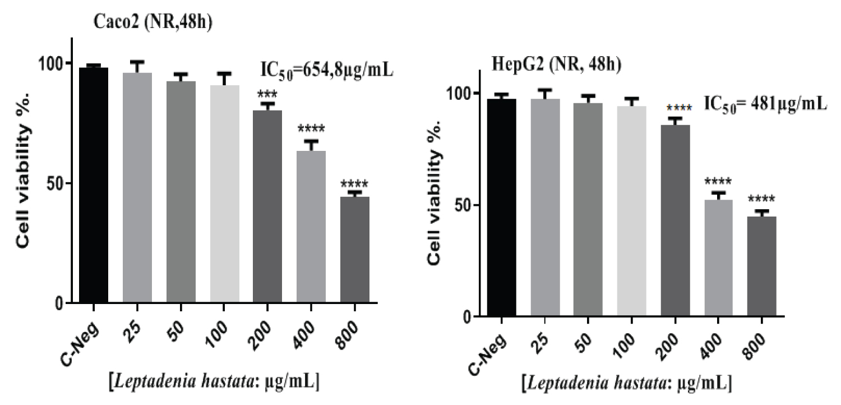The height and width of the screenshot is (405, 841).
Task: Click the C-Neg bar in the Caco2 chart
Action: point(93,185)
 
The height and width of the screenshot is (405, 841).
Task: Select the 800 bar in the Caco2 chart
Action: point(354,250)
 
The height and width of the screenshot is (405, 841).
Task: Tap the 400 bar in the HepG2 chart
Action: point(718,258)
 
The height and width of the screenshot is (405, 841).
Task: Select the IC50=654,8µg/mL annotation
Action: point(327,71)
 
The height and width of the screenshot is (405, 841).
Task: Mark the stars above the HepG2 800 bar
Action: point(761,200)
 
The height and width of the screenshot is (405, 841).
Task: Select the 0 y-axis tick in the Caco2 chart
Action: point(61,303)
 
